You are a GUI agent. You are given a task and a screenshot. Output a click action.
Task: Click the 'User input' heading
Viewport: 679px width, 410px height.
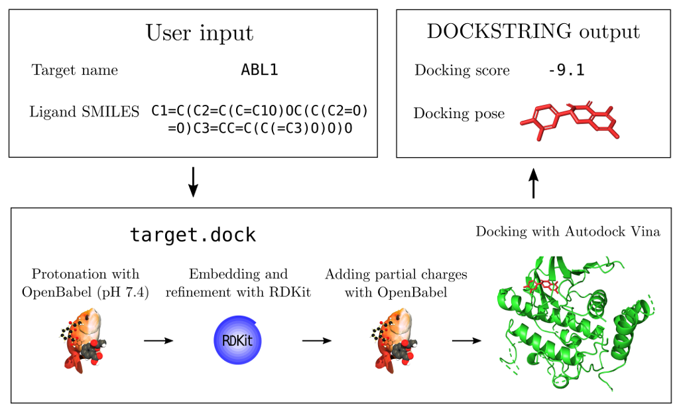pos(200,33)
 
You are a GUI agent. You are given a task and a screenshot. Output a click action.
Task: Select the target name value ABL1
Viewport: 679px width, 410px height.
pos(259,70)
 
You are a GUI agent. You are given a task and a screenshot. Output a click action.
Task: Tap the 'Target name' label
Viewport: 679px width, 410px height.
pos(75,70)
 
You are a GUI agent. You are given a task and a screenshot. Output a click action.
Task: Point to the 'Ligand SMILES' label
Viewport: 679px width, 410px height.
pos(84,112)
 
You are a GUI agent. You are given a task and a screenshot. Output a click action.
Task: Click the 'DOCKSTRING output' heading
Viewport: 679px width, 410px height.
pos(533,33)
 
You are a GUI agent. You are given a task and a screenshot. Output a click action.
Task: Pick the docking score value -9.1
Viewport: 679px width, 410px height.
pos(566,70)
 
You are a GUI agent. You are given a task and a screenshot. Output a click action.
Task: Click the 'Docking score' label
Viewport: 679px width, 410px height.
pos(462,70)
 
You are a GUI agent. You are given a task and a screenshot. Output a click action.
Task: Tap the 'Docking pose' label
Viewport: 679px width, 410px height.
pos(459,113)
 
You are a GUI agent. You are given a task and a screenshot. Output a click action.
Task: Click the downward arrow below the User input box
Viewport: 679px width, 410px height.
pos(193,182)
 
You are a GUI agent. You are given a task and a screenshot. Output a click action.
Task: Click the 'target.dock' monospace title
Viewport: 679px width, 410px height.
pos(193,235)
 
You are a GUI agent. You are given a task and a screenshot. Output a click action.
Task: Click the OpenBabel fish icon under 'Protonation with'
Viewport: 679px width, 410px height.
pos(84,340)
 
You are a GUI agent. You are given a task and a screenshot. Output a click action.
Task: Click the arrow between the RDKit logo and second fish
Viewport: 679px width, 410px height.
pos(316,340)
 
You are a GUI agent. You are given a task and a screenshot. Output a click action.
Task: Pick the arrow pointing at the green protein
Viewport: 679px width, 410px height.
pos(467,340)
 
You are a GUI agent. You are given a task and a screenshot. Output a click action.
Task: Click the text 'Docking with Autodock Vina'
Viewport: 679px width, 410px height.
pos(568,232)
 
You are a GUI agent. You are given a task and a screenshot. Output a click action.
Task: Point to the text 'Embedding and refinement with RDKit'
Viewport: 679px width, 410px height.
pos(238,283)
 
